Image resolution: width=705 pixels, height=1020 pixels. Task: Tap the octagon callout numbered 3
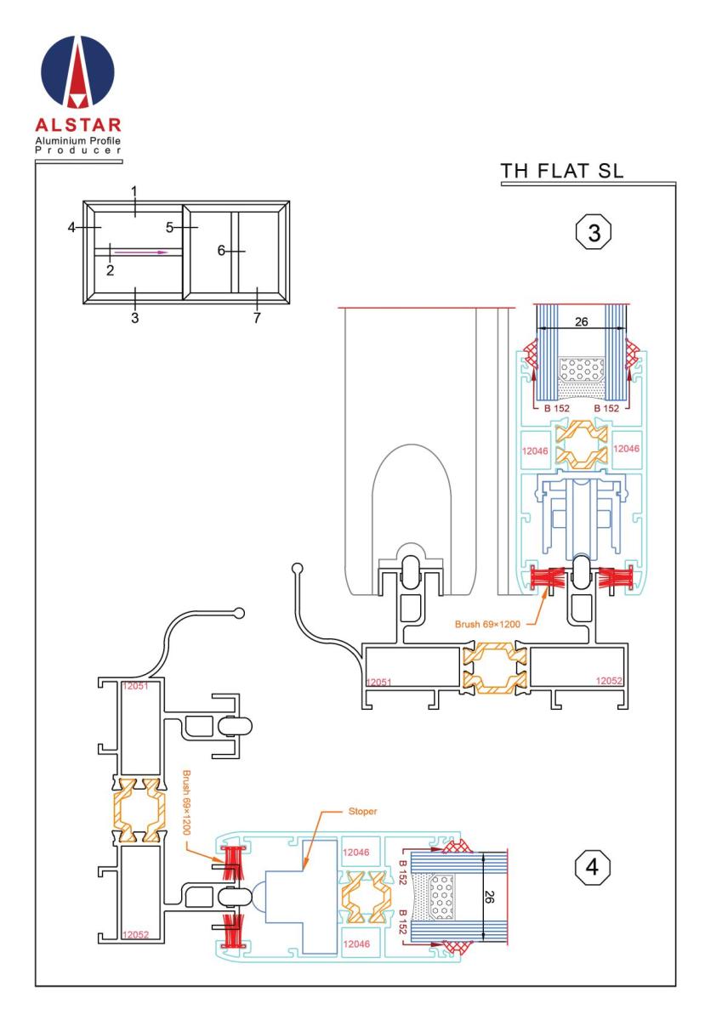click(x=594, y=231)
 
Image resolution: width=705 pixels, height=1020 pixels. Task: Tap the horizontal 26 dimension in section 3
click(x=581, y=321)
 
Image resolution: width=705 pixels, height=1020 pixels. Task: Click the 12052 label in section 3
click(x=610, y=681)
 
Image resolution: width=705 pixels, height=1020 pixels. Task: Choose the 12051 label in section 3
click(x=378, y=682)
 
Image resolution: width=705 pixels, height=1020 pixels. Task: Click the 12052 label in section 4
click(x=136, y=933)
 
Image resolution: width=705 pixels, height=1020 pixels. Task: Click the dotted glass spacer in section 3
click(x=582, y=371)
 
